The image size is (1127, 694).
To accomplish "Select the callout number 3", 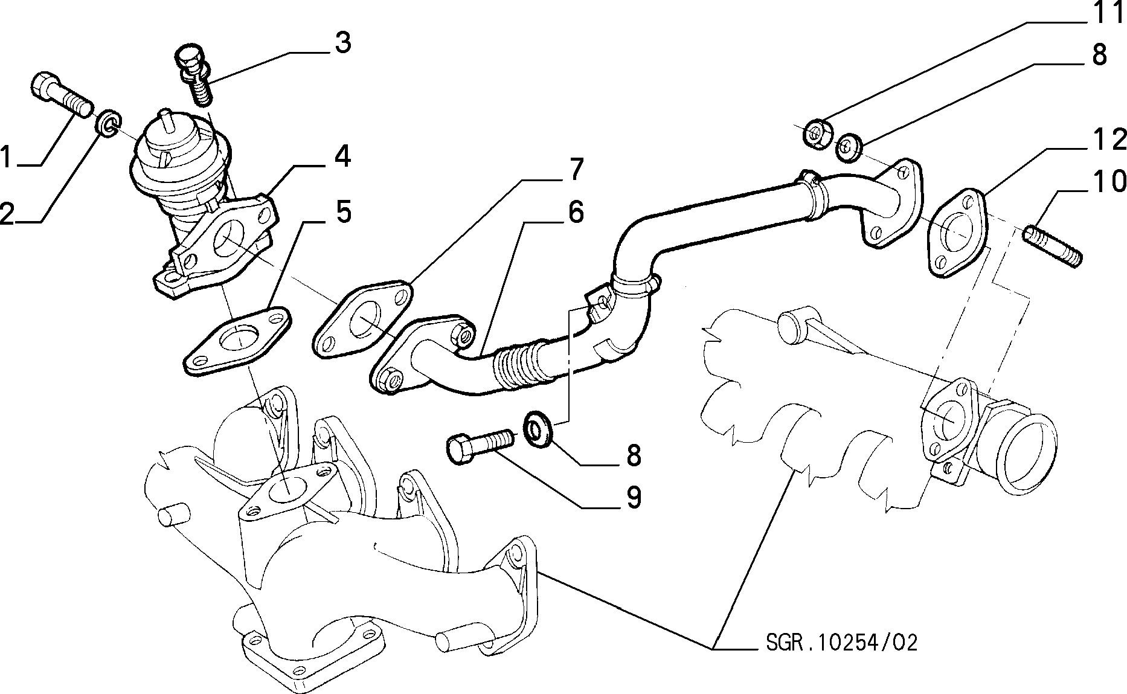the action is coord(342,43).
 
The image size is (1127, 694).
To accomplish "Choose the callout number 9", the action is coord(633,497).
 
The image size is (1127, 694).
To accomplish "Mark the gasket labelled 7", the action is coord(364,320).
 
